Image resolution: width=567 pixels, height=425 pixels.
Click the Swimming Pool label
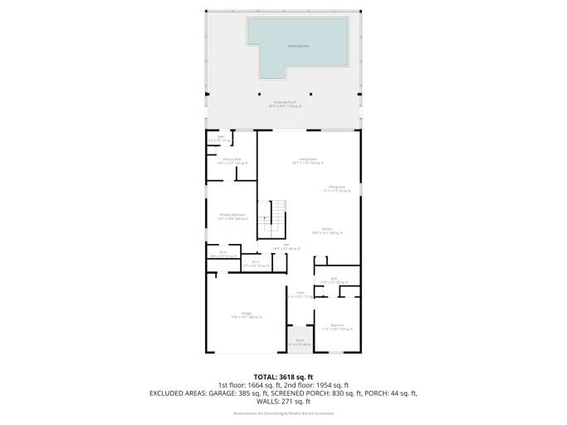click(298, 46)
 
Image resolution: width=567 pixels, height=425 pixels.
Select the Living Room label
click(308, 161)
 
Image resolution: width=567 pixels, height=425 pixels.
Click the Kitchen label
click(326, 232)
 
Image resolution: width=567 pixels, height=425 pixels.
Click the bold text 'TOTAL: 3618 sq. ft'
click(283, 377)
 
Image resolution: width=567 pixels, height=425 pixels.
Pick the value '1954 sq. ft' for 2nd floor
click(330, 385)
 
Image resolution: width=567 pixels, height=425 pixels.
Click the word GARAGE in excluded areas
click(224, 393)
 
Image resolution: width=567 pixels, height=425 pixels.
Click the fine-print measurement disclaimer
click(283, 413)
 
